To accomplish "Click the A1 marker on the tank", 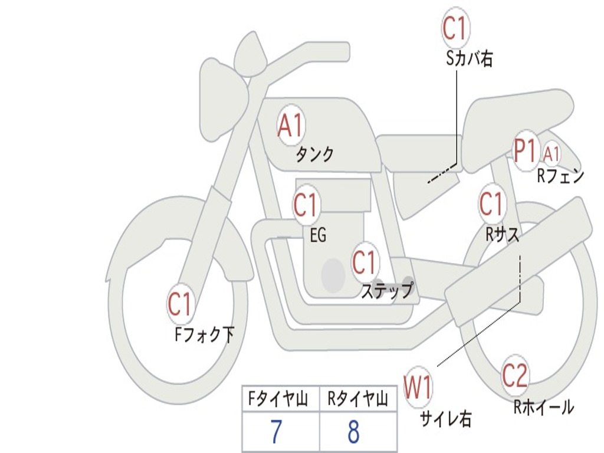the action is pos(290,127).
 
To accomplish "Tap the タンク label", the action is pos(314,155).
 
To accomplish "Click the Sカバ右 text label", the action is pos(470,58).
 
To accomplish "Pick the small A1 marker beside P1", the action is pos(552,154).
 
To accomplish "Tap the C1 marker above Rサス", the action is pos(491,204).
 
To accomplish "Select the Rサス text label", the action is pos(503,234).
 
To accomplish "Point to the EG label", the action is pos(318,236).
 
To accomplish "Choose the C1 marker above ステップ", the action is pos(365,262).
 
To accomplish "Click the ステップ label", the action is pos(387,290).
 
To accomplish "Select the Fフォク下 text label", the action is pos(204,335).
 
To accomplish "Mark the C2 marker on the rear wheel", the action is pos(515,376).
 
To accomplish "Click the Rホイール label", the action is pos(543,406).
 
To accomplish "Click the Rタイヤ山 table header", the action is pos(357,400).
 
